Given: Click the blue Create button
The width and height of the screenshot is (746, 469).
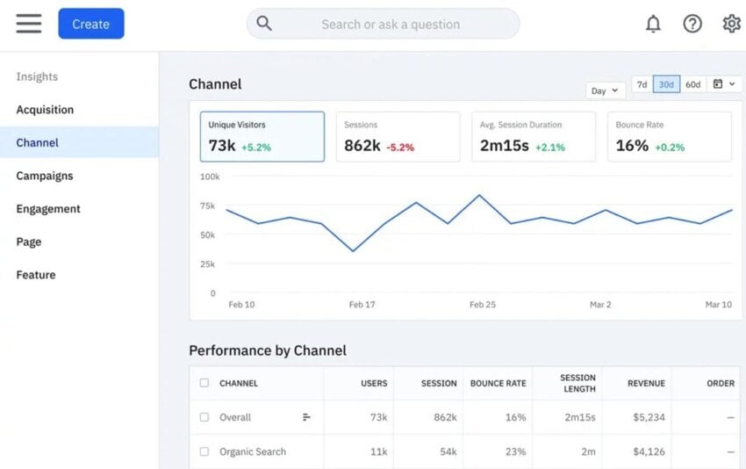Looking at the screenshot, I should [91, 24].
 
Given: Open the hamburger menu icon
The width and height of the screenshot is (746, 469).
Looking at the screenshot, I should [29, 24].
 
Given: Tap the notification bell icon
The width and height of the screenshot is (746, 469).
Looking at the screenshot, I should [653, 24].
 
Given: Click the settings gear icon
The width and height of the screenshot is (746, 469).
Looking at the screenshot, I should [731, 24].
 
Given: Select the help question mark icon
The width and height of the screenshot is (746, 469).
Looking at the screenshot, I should [692, 24].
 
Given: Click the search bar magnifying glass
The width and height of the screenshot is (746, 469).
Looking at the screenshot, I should [264, 24].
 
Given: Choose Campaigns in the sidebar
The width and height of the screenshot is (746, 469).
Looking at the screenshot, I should [44, 176].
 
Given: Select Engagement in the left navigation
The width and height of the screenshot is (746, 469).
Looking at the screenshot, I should [48, 209].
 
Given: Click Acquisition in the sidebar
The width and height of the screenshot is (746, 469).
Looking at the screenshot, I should [45, 110].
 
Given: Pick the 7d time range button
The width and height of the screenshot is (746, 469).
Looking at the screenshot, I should [642, 84].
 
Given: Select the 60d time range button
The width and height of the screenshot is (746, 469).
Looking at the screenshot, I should [692, 84].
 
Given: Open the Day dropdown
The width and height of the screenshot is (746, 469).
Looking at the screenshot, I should [605, 90].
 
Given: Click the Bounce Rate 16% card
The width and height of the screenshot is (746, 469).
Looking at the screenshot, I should [669, 136].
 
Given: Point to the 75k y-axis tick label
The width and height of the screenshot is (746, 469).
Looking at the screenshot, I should [207, 206].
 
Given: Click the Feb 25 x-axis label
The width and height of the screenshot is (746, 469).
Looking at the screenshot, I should [483, 305].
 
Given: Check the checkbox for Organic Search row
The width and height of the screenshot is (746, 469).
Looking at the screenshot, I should [204, 451].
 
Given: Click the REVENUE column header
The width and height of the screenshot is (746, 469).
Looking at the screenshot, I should [646, 383].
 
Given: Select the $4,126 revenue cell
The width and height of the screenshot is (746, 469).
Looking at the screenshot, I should [649, 451].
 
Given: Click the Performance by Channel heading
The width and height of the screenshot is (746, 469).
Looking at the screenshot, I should [268, 350].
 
